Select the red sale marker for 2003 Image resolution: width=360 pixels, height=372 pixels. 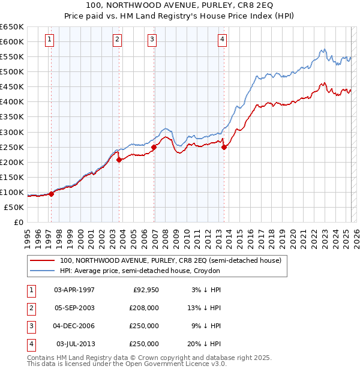tap(119, 160)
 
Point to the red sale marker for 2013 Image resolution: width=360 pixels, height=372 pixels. tap(224, 147)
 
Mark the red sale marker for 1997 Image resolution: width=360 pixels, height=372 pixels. tap(52, 194)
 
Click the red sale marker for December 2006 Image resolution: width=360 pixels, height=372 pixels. tap(154, 147)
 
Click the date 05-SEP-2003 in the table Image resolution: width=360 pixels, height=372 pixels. tap(74, 307)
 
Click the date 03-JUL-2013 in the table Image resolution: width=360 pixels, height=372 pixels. tap(75, 344)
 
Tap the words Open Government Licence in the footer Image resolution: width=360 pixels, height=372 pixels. tap(174, 364)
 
